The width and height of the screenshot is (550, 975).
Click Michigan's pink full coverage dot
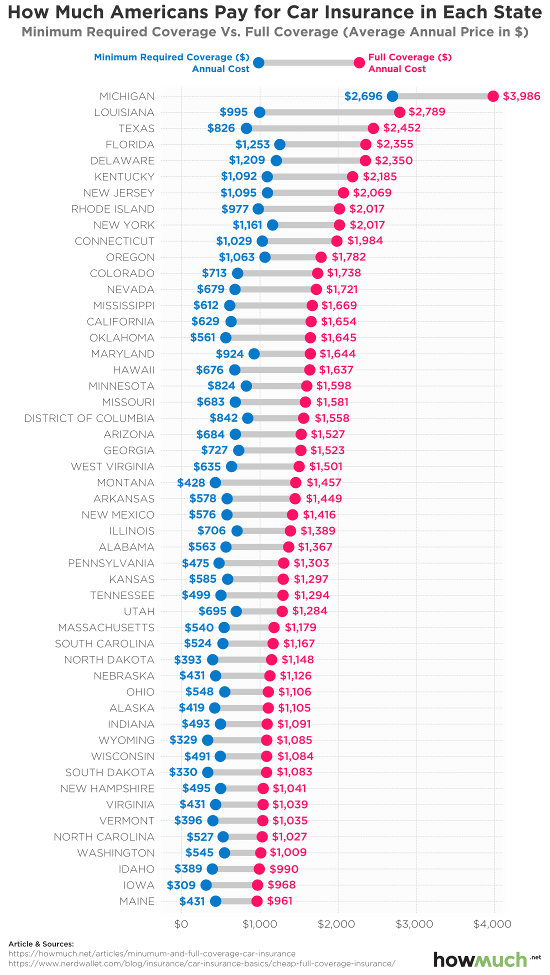point(493,96)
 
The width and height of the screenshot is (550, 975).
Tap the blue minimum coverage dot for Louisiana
point(259,112)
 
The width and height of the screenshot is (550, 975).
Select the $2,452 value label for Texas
point(402,128)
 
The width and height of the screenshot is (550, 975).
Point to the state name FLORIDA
point(130,144)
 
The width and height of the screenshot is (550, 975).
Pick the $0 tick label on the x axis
point(181,923)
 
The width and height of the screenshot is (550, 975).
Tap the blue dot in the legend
point(258,62)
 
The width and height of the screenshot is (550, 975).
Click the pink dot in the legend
point(359,62)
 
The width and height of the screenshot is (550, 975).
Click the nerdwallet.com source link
point(201,963)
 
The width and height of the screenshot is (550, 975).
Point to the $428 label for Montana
point(191,482)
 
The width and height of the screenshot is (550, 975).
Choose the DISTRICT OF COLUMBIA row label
point(89,418)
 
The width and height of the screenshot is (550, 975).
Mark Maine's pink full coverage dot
point(257,901)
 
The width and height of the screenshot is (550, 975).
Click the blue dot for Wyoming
point(207,740)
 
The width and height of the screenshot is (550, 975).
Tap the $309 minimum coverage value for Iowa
point(181,885)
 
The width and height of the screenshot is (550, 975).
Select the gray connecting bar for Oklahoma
point(268,337)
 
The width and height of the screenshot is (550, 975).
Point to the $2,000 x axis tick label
point(338,923)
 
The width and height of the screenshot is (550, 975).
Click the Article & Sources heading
point(41,944)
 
